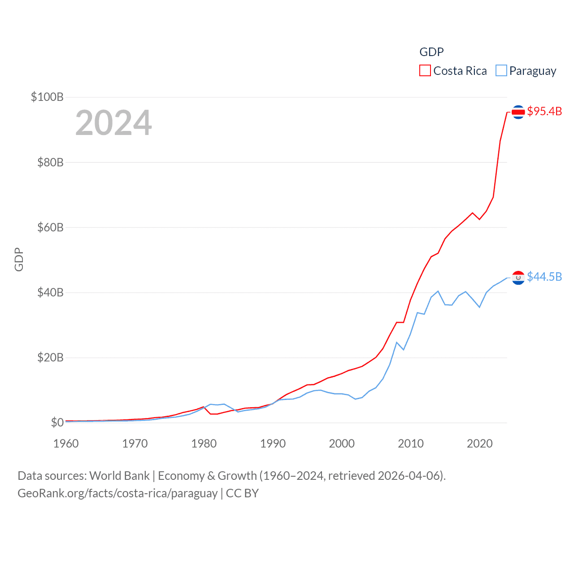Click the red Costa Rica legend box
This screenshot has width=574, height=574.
tap(425, 71)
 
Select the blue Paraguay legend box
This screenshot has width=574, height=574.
tap(501, 71)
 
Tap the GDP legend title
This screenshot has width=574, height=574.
tap(431, 52)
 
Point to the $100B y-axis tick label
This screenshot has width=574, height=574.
tap(47, 97)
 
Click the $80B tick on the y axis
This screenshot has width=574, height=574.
tap(50, 162)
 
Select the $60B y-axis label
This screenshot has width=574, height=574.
tap(50, 227)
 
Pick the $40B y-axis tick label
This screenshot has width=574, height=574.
tap(50, 292)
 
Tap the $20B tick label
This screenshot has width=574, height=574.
tap(50, 357)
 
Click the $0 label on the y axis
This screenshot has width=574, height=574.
tap(57, 422)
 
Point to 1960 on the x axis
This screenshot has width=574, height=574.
tap(66, 444)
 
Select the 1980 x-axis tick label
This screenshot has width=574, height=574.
tap(204, 444)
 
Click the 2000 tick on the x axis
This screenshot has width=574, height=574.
tap(342, 444)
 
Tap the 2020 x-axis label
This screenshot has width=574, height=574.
tap(480, 444)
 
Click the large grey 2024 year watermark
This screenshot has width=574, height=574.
tap(113, 123)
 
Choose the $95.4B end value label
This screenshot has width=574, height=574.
tap(544, 111)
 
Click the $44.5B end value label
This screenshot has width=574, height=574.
tap(544, 277)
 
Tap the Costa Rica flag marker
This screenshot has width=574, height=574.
tap(518, 112)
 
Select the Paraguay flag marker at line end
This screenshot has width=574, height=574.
tap(518, 278)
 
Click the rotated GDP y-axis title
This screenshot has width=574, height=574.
tap(19, 259)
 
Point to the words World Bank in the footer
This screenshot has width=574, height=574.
tap(119, 475)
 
